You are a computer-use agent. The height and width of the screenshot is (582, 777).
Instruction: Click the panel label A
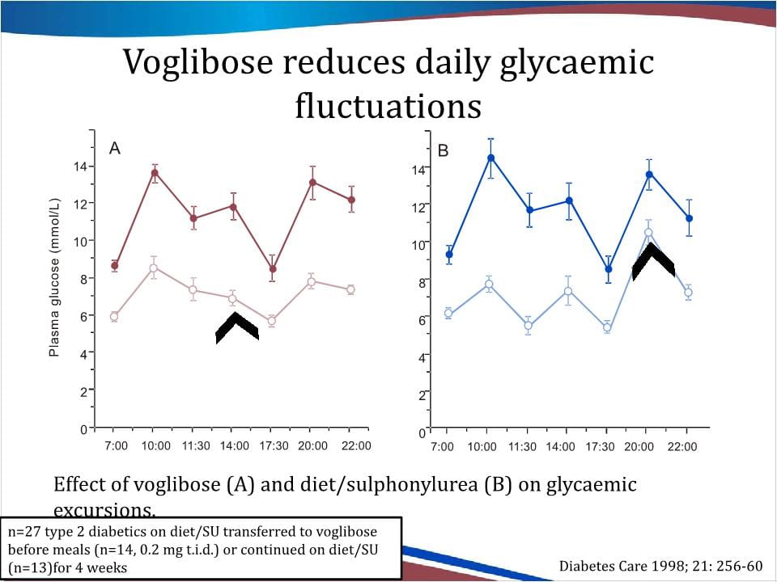click(115, 149)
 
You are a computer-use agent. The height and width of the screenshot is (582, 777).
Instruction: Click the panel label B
click(443, 151)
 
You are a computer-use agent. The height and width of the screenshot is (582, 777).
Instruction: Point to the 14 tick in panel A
click(81, 167)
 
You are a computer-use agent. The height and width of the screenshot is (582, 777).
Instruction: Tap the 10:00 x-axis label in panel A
click(156, 445)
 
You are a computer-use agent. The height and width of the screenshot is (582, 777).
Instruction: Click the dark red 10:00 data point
click(155, 172)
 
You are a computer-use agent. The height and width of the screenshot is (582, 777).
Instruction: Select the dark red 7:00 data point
click(115, 265)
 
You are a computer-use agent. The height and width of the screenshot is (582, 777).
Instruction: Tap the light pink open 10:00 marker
click(154, 268)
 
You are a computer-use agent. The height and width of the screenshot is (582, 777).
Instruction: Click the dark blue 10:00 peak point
click(490, 158)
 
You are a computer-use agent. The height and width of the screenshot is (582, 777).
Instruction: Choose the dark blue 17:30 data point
click(609, 269)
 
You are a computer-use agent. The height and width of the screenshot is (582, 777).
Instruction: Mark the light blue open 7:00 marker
click(448, 314)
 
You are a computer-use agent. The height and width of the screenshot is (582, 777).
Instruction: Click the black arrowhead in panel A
click(236, 327)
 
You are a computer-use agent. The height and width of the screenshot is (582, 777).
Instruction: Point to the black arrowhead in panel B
click(653, 261)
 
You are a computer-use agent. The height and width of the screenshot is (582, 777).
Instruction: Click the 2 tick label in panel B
click(422, 395)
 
